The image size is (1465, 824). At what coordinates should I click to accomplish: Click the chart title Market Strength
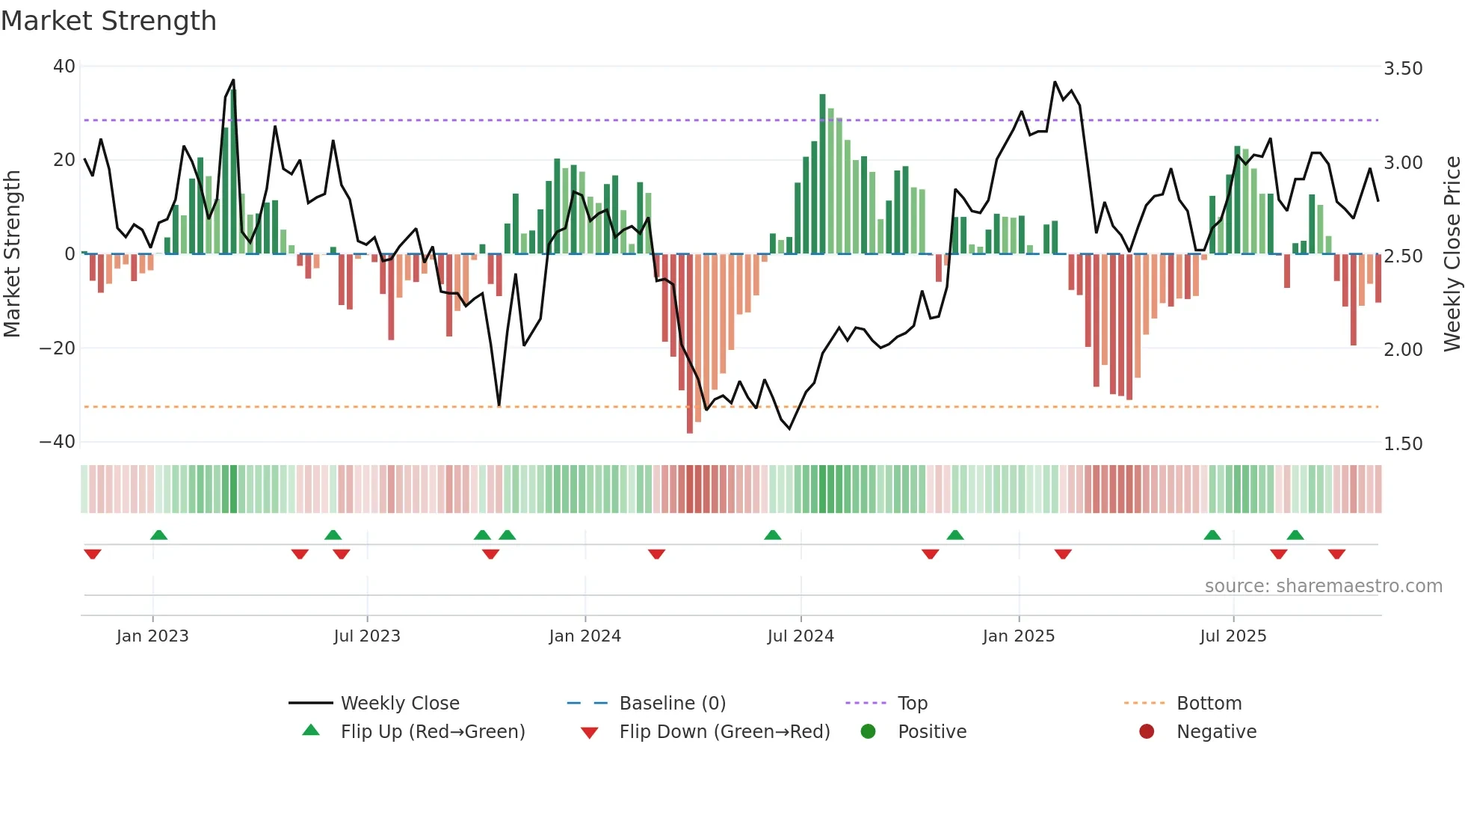[x=108, y=21]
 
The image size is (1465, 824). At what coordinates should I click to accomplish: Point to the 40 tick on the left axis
[x=64, y=67]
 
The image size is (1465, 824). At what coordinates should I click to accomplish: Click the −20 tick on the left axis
[x=58, y=348]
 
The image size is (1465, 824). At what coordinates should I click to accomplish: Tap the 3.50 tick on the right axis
[x=1403, y=69]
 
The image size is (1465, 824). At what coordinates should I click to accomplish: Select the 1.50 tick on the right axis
[x=1403, y=444]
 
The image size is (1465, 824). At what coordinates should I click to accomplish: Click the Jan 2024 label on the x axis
[x=585, y=636]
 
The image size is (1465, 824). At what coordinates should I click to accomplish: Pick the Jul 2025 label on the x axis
[x=1233, y=636]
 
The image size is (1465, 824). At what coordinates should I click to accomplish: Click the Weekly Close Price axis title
[x=1452, y=254]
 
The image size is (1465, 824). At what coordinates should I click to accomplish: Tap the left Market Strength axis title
[x=13, y=254]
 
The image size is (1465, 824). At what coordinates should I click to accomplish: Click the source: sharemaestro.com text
[x=1323, y=586]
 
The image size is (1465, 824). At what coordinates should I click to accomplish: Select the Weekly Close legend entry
[x=400, y=704]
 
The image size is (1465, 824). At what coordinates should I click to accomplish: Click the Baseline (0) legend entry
[x=672, y=704]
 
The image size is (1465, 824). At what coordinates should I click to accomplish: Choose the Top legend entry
[x=912, y=704]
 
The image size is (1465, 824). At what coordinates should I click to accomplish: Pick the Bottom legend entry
[x=1209, y=704]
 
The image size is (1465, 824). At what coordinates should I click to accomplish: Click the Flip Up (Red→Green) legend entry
[x=433, y=732]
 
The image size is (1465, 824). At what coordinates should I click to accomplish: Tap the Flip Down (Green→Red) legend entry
[x=724, y=732]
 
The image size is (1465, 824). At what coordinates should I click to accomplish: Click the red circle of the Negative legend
[x=1147, y=732]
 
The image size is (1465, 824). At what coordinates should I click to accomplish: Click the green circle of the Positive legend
[x=868, y=732]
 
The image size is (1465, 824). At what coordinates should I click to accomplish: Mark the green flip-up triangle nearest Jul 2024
[x=773, y=535]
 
